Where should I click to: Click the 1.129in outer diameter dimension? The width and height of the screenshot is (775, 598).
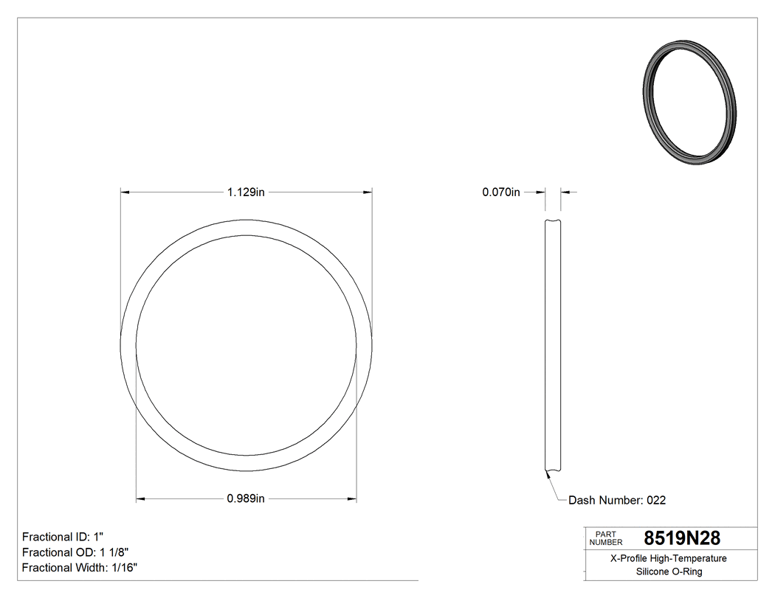pos(246,192)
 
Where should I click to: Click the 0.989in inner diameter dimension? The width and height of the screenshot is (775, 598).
pos(246,499)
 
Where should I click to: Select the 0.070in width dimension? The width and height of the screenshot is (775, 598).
pos(501,192)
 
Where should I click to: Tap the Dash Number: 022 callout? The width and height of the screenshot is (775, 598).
pos(617,500)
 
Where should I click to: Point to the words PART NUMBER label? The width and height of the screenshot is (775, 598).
pos(606,538)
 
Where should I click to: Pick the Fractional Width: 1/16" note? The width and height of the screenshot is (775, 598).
pos(80,568)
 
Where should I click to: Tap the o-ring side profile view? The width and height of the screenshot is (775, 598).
pos(552,347)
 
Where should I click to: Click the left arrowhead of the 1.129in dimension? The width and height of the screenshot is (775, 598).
pos(125,192)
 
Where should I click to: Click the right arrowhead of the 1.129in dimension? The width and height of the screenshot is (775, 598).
pos(368,192)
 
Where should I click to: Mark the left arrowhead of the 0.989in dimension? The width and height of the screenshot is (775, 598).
pos(140,499)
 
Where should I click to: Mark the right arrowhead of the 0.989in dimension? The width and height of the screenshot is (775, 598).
pos(353,499)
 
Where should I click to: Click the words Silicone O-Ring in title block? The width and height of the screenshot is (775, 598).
pos(669,571)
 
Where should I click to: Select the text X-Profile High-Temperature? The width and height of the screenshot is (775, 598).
pos(669,558)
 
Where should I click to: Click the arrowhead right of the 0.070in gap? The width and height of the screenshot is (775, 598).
pos(565,192)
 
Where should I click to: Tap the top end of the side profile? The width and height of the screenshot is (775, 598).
pos(552,222)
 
